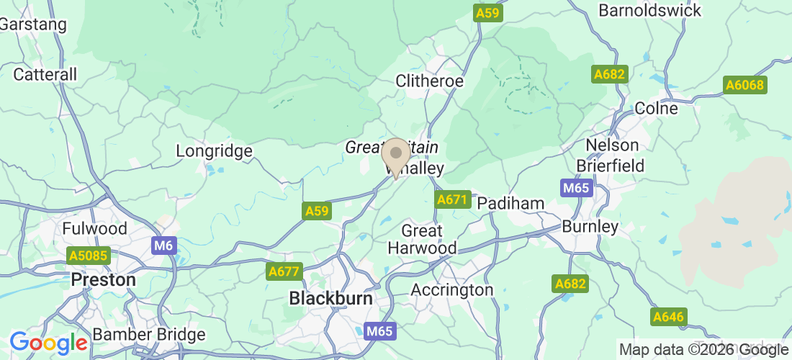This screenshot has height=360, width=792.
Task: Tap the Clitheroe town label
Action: coord(430,81)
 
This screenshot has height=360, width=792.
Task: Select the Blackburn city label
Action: coord(330,297)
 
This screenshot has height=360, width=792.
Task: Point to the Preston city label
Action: coord(104,279)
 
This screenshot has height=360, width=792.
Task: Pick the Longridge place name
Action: coord(215,151)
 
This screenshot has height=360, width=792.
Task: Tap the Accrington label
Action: coord(452,289)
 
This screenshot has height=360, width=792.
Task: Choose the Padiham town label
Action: coord(511,203)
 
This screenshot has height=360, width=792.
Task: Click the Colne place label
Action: coord(657,108)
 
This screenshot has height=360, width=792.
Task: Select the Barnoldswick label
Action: coord(650,11)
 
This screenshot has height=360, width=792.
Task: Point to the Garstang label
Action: coord(33,24)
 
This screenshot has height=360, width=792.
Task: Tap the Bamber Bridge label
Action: coord(149,335)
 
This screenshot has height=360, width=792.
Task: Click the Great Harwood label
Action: coord(422,239)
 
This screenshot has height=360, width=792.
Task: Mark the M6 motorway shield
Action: coord(163,246)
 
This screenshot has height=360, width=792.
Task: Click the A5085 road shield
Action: coord(87,256)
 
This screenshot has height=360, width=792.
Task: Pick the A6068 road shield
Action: coord(744,85)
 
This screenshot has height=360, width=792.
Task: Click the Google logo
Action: coord(48,342)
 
